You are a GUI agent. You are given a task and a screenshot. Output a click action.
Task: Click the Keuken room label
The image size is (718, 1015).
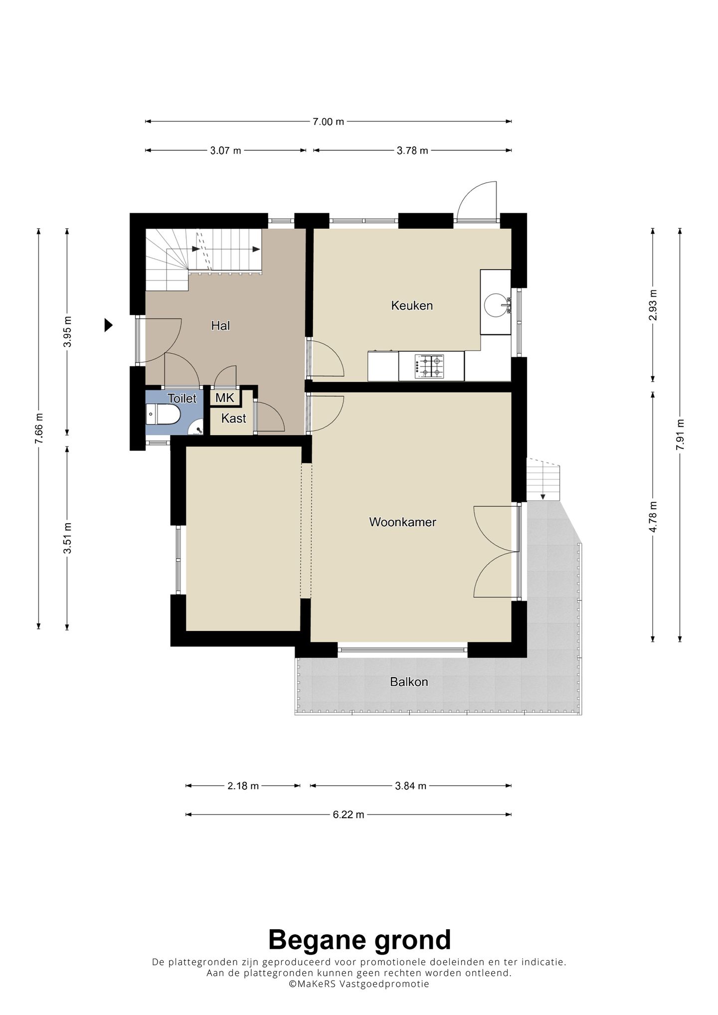pos(412,305)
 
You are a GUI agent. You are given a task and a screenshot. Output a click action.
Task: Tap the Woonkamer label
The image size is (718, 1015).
pos(403,522)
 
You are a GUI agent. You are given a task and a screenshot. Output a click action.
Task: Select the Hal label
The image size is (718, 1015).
pos(220,325)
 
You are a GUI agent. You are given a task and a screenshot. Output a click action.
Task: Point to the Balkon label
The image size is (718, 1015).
pos(409,682)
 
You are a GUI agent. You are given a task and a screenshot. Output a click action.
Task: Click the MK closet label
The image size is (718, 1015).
pos(225,398)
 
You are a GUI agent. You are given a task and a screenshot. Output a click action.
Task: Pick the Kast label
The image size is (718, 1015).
pos(233,418)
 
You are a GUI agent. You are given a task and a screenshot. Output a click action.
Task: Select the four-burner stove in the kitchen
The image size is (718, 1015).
pos(431,366)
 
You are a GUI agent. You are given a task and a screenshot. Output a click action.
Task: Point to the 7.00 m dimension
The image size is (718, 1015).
pos(329,121)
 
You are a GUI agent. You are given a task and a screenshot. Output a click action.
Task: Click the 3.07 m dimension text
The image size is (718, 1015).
pos(225,150)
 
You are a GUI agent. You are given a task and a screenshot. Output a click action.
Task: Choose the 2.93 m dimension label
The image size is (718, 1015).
pos(653,305)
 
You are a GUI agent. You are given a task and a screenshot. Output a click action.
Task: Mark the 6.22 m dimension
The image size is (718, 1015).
pos(349,815)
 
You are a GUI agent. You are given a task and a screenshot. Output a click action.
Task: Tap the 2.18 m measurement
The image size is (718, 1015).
pos(243,786)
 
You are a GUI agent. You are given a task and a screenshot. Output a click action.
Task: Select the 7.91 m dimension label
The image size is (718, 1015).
pos(680,435)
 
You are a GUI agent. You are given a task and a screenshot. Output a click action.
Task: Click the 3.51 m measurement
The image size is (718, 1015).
pos(67,538)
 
